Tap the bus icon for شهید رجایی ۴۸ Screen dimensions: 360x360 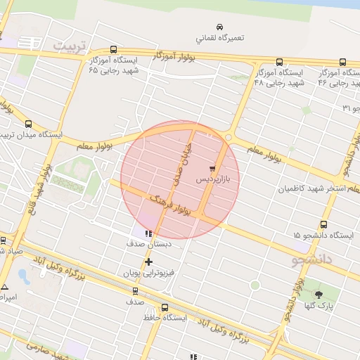click(x=280, y=62)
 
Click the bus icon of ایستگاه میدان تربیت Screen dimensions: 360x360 click(x=28, y=124)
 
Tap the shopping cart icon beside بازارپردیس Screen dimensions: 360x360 click(x=212, y=169)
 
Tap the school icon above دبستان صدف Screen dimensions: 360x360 click(x=148, y=233)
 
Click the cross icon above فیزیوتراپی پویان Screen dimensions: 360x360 click(x=148, y=262)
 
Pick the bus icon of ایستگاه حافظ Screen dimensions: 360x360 click(x=165, y=307)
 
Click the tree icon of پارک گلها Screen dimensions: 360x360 click(x=319, y=295)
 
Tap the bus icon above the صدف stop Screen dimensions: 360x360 click(x=135, y=290)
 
